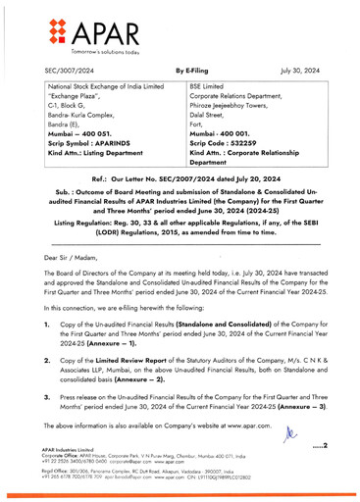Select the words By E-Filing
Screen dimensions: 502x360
coord(192,72)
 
